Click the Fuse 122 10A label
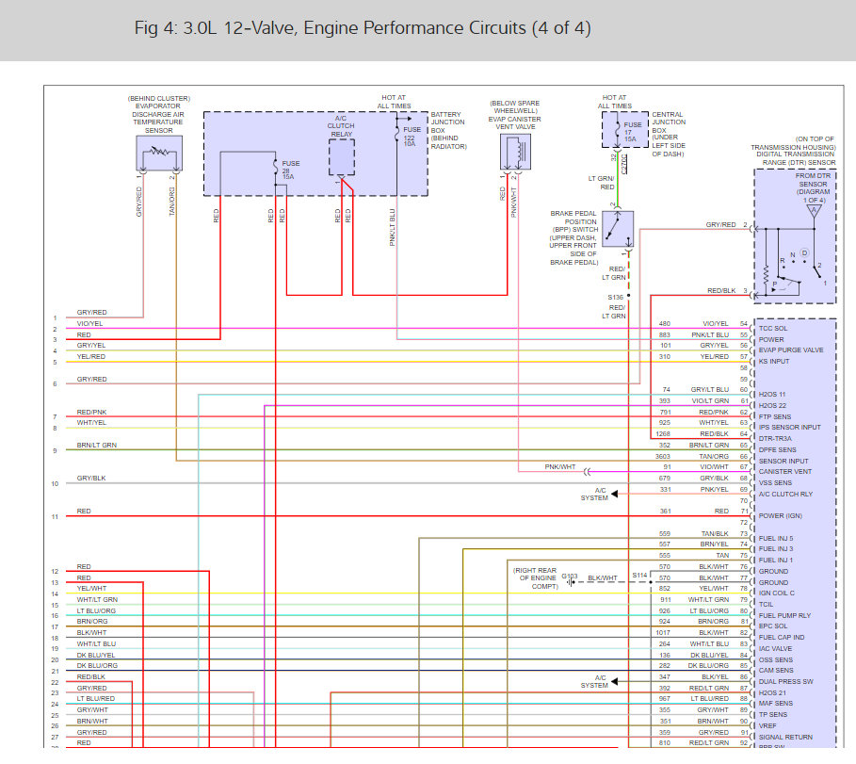[409, 137]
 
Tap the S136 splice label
[615, 297]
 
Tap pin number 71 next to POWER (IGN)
[743, 511]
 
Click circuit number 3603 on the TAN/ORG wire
[663, 456]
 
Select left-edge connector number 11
[55, 517]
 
